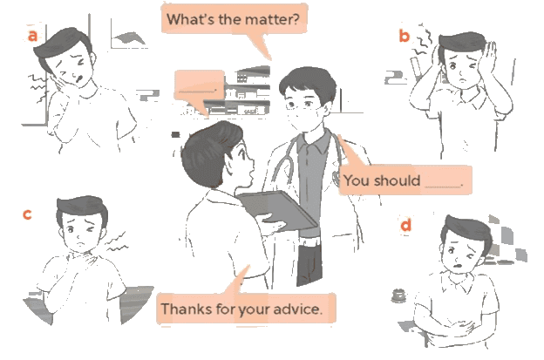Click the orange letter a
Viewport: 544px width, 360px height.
point(32,36)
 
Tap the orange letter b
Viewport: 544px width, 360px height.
point(405,36)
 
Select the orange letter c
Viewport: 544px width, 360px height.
point(27,214)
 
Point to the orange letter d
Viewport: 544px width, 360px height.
point(405,225)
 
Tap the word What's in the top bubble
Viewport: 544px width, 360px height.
point(190,19)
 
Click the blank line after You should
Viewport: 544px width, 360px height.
point(443,187)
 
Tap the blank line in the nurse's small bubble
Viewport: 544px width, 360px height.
point(197,92)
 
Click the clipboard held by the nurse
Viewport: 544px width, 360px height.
point(276,209)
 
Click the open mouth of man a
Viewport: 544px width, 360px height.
point(79,78)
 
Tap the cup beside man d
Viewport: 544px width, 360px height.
point(398,295)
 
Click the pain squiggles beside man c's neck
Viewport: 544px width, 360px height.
point(116,243)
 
